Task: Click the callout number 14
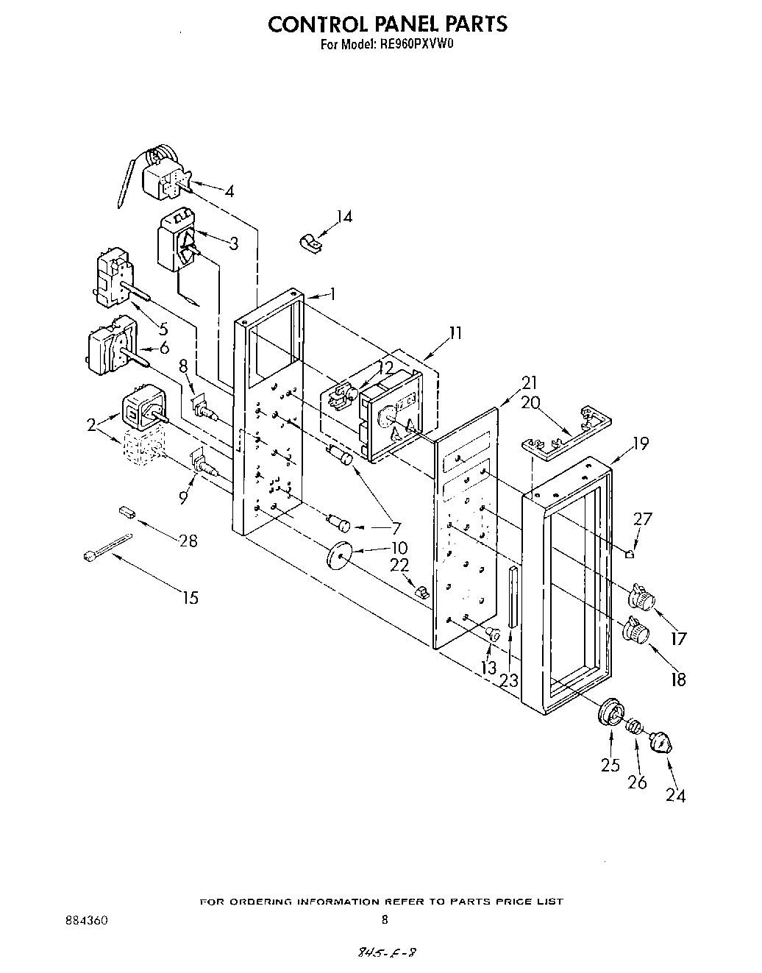point(344,216)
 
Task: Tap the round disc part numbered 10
point(338,554)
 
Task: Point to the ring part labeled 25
point(610,713)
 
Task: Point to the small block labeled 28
point(126,512)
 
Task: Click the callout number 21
point(529,383)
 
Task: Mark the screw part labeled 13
point(494,632)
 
